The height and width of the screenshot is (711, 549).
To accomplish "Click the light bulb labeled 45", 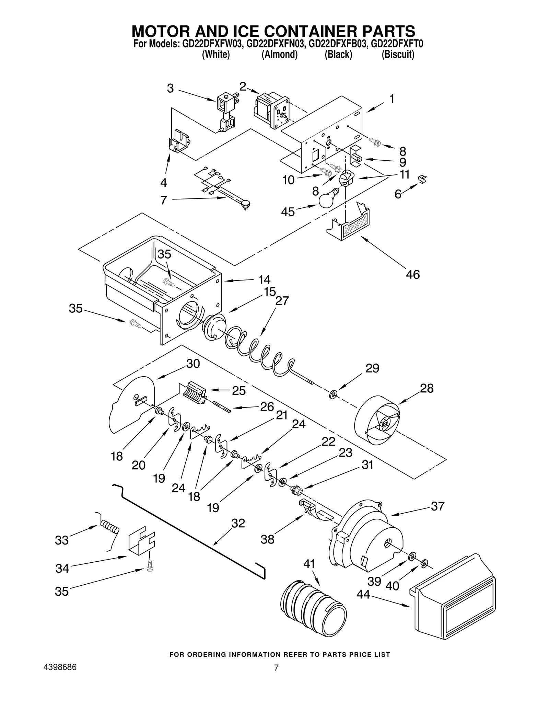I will [327, 200].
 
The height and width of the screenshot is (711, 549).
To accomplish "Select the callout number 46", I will [412, 275].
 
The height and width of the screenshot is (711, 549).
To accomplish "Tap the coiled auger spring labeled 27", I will [257, 354].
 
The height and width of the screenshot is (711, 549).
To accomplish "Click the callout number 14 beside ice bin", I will [264, 279].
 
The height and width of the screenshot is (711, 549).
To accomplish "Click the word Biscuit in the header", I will [398, 55].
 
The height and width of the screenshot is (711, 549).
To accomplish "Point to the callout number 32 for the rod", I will [238, 523].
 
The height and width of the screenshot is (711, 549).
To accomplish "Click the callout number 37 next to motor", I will [437, 506].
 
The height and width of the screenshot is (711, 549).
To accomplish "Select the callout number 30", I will [193, 364].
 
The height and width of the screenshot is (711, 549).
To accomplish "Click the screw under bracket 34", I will [150, 567].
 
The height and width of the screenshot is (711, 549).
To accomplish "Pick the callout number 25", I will [238, 390].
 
